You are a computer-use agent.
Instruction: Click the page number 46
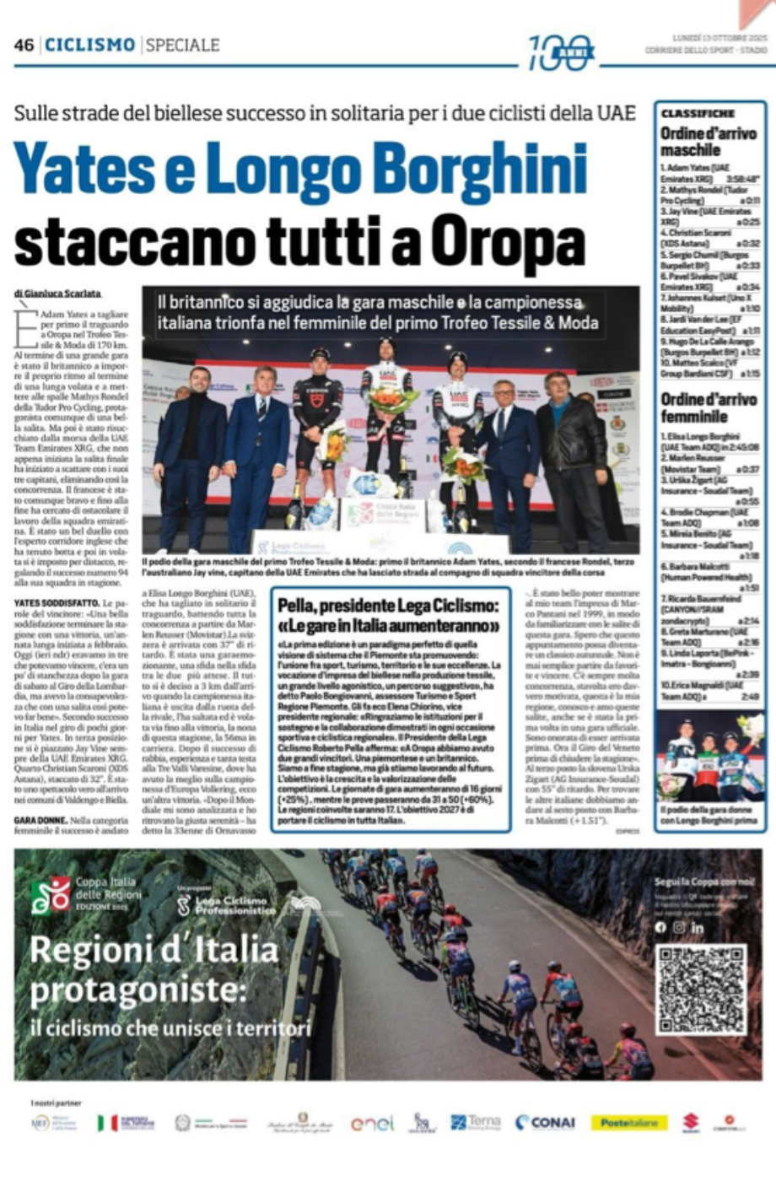(x=24, y=45)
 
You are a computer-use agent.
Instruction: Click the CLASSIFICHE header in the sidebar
(x=698, y=114)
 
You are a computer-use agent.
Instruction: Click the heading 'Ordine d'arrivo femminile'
(x=694, y=407)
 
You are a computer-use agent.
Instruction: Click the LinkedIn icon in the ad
(x=698, y=927)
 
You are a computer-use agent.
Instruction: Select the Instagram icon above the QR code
(x=679, y=927)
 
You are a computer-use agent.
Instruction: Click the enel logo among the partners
(x=372, y=1123)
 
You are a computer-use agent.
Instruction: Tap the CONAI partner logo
(x=545, y=1123)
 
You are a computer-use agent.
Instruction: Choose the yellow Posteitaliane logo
(x=629, y=1123)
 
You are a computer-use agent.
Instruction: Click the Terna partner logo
(x=476, y=1123)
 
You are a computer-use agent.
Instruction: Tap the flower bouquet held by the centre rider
(x=391, y=399)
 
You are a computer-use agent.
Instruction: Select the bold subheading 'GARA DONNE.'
(x=41, y=819)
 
